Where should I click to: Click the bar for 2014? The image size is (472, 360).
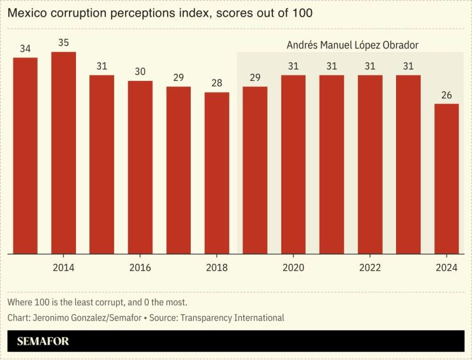pyautogui.click(x=63, y=153)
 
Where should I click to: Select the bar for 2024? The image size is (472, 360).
pyautogui.click(x=446, y=179)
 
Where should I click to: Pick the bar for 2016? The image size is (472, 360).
pyautogui.click(x=140, y=168)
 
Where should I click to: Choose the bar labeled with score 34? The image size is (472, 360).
pyautogui.click(x=26, y=156)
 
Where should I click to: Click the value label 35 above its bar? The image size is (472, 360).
pyautogui.click(x=63, y=43)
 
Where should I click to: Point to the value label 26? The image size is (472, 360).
pyautogui.click(x=446, y=96)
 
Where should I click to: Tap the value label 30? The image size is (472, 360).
pyautogui.click(x=140, y=72)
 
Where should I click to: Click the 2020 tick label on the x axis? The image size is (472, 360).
pyautogui.click(x=293, y=268)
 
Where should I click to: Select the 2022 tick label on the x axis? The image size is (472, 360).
pyautogui.click(x=370, y=268)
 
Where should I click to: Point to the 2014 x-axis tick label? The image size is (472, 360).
pyautogui.click(x=63, y=268)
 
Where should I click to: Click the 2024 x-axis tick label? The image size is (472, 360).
pyautogui.click(x=446, y=268)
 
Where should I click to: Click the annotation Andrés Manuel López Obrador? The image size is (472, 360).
pyautogui.click(x=352, y=45)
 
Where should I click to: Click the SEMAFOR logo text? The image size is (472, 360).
pyautogui.click(x=43, y=342)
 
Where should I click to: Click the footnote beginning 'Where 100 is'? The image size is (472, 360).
pyautogui.click(x=97, y=302)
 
